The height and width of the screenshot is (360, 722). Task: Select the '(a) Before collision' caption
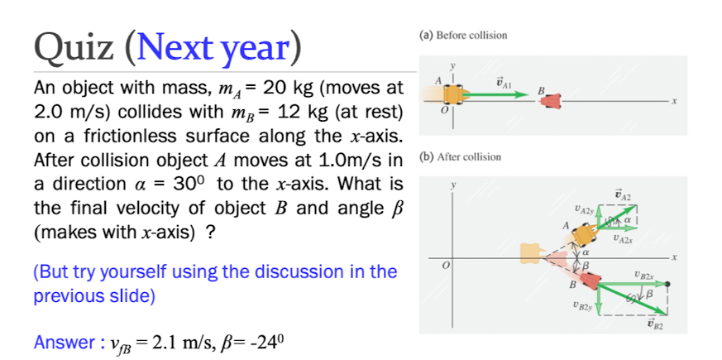[463, 36]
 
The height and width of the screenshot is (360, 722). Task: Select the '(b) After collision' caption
[460, 156]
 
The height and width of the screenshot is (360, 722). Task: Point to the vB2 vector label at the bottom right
[657, 328]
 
